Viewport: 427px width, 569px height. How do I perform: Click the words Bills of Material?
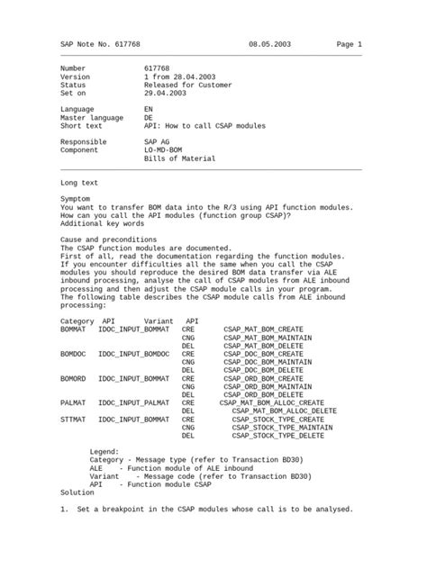coord(180,158)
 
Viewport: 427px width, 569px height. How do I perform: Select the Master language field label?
coord(93,117)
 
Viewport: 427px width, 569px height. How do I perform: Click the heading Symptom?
coord(75,197)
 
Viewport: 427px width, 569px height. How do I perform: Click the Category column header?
coord(77,321)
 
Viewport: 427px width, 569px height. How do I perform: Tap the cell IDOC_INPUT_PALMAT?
coord(133,402)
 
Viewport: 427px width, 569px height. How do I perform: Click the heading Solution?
coord(77,492)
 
